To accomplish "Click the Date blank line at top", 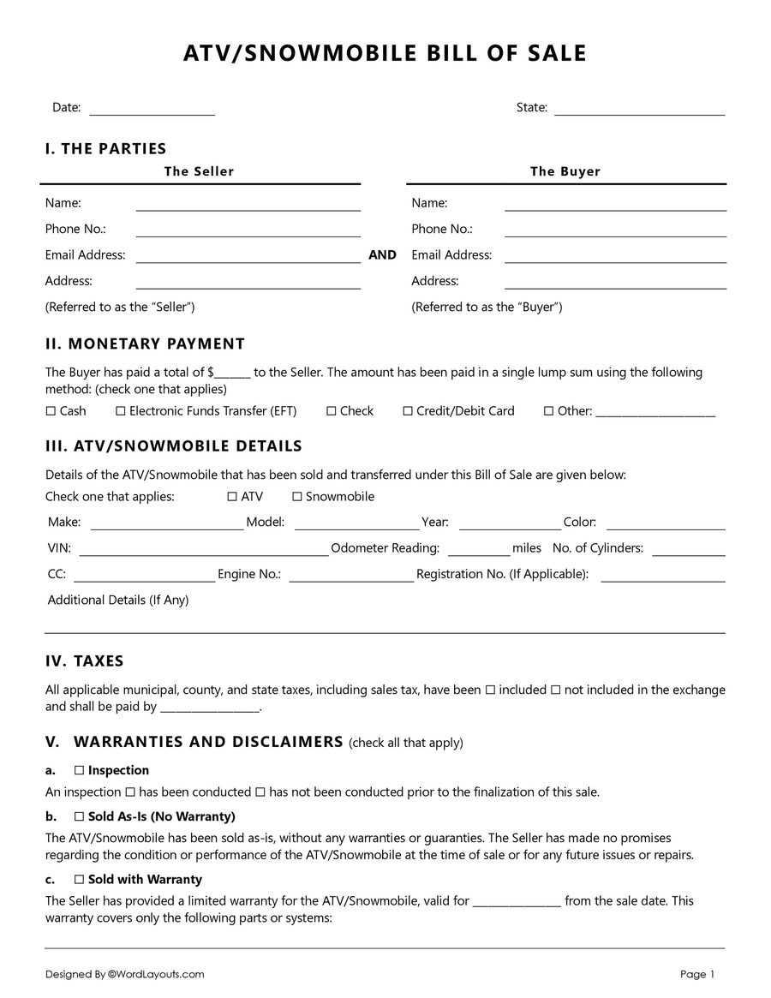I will tap(152, 112).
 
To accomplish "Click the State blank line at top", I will tap(639, 112).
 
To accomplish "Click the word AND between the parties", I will tap(382, 255).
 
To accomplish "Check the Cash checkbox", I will tap(51, 411).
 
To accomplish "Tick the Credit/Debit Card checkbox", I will tap(408, 411).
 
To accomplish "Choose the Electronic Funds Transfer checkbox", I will tap(121, 411).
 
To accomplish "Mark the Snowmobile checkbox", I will tap(297, 497).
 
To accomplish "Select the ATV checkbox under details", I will tap(232, 497).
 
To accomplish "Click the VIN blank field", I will tap(203, 553).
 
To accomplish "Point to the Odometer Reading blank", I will tap(478, 553).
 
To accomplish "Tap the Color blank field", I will tap(665, 528).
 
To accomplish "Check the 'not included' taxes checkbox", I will tap(555, 690).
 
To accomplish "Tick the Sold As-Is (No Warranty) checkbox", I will tap(79, 817).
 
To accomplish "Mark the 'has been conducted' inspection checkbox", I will tap(130, 792).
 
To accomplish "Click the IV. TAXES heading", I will tap(85, 661).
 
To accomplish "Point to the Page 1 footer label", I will tap(697, 974).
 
